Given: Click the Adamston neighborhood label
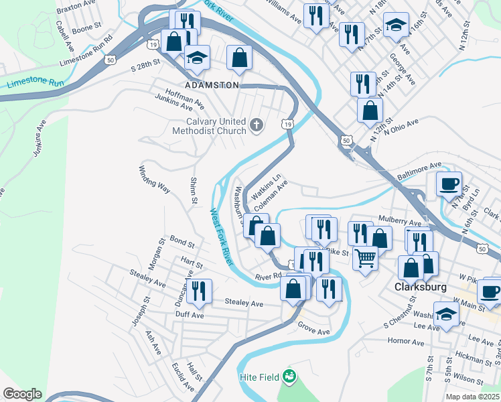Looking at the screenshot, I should click(212, 85).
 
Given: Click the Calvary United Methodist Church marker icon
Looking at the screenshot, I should click(256, 125).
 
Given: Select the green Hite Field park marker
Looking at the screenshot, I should click(289, 377).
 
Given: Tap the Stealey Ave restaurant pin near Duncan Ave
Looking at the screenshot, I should click(199, 291).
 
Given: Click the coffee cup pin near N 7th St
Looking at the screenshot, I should click(449, 183).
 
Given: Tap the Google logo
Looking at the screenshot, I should click(22, 394).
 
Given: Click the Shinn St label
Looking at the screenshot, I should click(193, 191).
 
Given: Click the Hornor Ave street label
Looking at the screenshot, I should click(406, 342).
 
